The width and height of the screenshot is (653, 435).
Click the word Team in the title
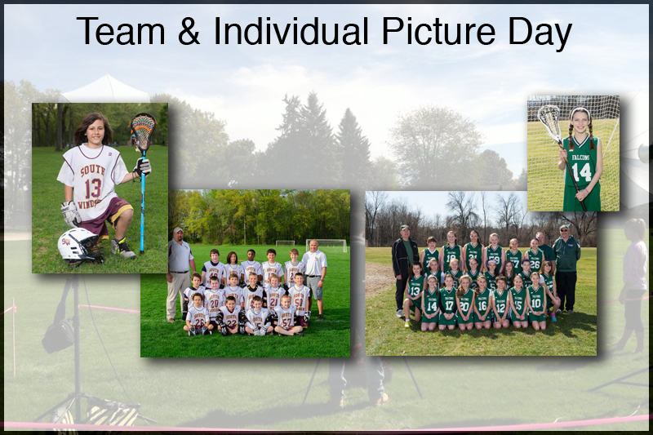tap(121, 31)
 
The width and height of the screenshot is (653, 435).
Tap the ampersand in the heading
tap(189, 31)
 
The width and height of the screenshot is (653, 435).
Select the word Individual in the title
tap(291, 31)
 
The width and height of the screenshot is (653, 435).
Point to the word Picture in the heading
tap(438, 31)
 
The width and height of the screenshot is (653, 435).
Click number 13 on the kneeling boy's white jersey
tap(93, 189)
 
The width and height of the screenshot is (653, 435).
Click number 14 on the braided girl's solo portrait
tap(581, 171)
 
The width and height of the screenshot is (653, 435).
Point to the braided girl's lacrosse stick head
tap(549, 122)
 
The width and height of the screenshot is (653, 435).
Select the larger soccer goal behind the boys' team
tap(326, 246)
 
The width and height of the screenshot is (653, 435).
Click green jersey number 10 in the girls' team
tap(536, 303)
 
